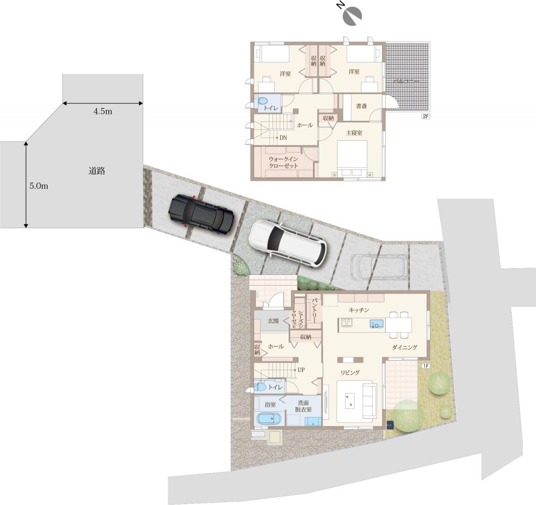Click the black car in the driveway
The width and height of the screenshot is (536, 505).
coord(201,214)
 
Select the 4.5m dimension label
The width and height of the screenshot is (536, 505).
coord(103,111)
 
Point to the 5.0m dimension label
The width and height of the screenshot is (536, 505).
coord(39,186)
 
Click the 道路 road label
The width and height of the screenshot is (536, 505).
coord(97,171)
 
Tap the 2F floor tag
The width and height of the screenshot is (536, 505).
coord(425,116)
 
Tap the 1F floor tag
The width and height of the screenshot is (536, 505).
coord(425,366)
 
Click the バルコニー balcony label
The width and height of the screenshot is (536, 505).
coord(406,81)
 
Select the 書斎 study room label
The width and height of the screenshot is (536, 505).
coord(361,106)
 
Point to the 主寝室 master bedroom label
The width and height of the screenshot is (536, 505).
coord(354,133)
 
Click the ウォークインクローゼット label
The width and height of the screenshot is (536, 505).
coord(283,162)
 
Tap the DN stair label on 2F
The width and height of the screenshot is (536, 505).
coord(283,138)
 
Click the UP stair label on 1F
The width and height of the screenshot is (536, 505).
coord(301,370)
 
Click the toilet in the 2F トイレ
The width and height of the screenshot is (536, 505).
coord(262,101)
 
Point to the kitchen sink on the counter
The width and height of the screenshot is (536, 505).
coord(376,323)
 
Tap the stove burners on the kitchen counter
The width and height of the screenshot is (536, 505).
coord(346,322)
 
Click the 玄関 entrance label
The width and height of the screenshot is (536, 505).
coord(273,321)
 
